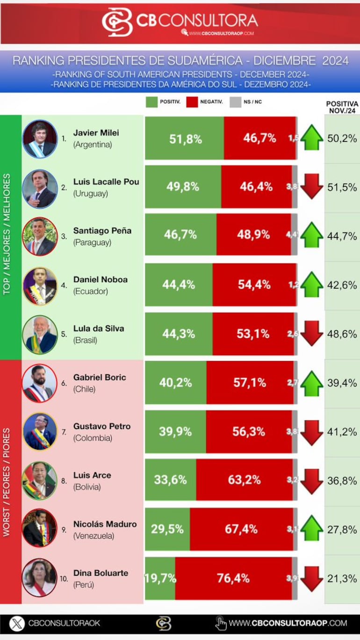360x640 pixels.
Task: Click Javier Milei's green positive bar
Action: [184, 138]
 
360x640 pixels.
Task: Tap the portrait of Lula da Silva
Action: [40, 334]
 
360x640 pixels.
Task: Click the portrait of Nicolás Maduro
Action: [40, 529]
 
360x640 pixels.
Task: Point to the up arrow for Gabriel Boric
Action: [311, 383]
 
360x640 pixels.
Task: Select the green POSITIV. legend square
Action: [152, 102]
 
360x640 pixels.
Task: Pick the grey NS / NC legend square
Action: [235, 102]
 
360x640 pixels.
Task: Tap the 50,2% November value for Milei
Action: [342, 138]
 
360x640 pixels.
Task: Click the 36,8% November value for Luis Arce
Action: [342, 481]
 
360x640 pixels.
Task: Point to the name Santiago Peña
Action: [102, 231]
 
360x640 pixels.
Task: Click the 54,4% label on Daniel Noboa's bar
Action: [254, 284]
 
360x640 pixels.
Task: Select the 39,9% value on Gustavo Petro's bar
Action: [175, 431]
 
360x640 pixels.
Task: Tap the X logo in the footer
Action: [17, 623]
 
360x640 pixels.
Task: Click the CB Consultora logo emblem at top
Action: [117, 22]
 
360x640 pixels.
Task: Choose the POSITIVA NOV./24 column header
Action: [342, 107]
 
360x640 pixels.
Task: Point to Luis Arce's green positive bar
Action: [170, 480]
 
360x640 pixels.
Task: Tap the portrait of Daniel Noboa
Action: [40, 285]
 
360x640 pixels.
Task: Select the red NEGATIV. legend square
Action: [193, 102]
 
